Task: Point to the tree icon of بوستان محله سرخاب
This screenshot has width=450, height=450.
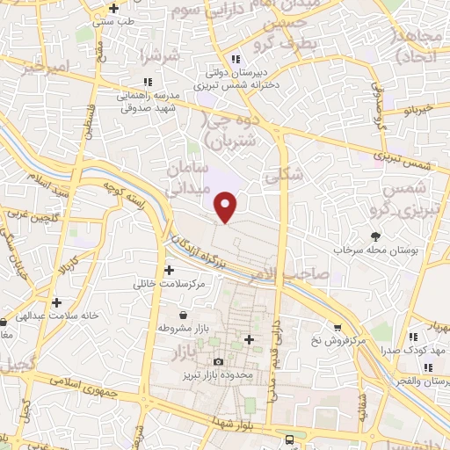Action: (376, 236)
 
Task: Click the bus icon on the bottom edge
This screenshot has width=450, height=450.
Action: (288, 440)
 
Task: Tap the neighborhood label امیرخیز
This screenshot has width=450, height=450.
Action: (45, 63)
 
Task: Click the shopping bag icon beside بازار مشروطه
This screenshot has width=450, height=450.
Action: (182, 315)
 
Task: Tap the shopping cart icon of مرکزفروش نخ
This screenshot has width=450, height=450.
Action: (337, 328)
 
